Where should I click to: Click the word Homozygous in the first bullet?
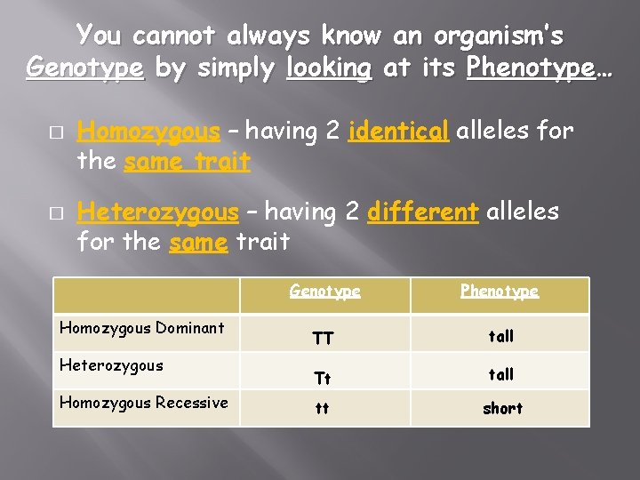[148, 132]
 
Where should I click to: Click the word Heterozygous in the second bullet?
[158, 212]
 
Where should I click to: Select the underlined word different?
[423, 212]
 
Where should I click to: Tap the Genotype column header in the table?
[324, 292]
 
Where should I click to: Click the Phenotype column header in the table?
[500, 292]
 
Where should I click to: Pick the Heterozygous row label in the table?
[111, 364]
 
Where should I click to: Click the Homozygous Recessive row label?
[143, 402]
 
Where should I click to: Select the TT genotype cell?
[323, 339]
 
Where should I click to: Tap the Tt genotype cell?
[322, 378]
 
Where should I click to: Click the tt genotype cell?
[322, 410]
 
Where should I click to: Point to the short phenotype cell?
[502, 408]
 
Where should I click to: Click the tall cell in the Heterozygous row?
[501, 374]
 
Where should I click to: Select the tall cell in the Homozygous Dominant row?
[501, 336]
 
